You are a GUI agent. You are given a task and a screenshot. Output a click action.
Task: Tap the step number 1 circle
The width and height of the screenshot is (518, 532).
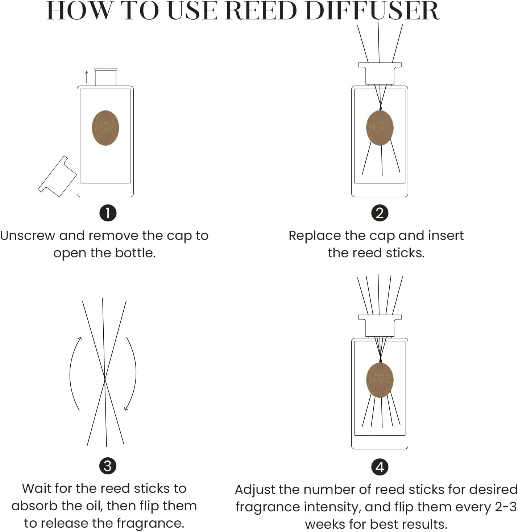click(x=108, y=213)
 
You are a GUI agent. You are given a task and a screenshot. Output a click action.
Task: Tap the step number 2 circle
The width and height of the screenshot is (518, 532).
click(x=380, y=213)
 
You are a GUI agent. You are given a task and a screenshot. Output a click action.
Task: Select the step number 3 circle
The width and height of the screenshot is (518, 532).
click(x=108, y=466)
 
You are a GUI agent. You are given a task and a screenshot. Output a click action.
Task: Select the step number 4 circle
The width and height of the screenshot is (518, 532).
click(x=380, y=467)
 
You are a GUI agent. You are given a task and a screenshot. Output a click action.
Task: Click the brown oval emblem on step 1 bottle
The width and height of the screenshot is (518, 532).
click(x=105, y=128)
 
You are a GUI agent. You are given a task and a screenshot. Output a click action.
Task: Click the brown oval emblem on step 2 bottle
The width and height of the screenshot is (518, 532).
click(x=380, y=128)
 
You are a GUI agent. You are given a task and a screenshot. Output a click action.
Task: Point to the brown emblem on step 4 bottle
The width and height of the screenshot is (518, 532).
click(x=380, y=380)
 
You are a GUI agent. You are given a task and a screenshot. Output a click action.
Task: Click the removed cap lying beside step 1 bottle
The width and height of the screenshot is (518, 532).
click(x=57, y=177)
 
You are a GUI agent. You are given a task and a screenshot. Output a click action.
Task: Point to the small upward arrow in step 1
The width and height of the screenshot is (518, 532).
click(x=87, y=77)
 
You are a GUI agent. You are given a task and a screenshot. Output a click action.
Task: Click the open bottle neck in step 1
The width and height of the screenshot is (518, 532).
click(x=106, y=77)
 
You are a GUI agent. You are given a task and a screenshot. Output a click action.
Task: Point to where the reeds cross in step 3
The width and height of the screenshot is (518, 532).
click(x=105, y=379)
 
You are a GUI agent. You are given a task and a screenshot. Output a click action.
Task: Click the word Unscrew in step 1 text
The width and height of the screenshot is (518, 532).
click(x=28, y=236)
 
